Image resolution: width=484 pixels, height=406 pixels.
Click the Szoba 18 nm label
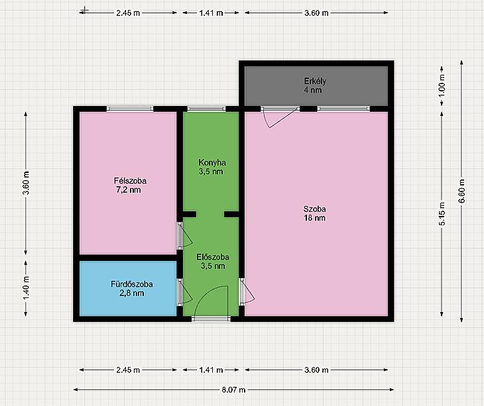[x=314, y=213]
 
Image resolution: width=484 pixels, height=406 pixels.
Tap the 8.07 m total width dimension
[x=233, y=389]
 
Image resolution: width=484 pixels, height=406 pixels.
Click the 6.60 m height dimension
[x=461, y=191]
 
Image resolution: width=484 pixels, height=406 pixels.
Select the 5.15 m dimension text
[x=442, y=214]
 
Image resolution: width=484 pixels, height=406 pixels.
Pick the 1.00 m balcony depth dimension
[x=442, y=85]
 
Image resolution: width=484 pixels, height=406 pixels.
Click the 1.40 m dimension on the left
[x=26, y=288]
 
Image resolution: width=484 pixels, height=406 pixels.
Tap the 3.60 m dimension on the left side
[x=26, y=183]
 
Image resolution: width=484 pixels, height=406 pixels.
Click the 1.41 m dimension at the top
[x=211, y=13]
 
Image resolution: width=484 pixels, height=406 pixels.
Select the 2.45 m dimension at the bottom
[x=128, y=370]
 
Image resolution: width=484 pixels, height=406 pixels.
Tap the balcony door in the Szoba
[x=280, y=117]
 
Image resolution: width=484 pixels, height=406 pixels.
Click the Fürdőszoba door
[x=184, y=292]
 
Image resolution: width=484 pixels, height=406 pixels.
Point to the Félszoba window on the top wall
[x=130, y=109]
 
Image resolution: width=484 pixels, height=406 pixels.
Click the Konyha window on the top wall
[x=206, y=109]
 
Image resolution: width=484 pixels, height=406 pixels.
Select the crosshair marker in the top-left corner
[x=84, y=11]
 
